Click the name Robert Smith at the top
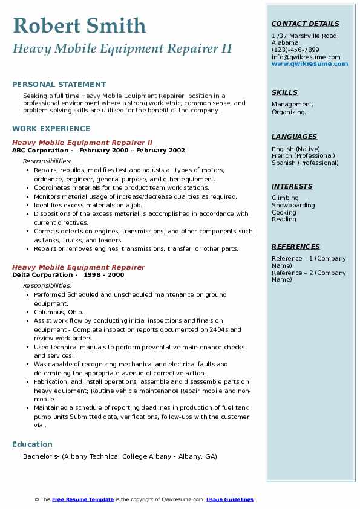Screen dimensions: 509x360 coord(79,25)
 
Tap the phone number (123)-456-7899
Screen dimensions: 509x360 coord(295,50)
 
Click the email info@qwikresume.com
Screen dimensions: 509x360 coord(306,57)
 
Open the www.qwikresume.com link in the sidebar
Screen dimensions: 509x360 coord(310,63)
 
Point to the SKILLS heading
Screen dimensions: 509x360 coord(284,92)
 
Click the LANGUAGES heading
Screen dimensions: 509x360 coord(294,137)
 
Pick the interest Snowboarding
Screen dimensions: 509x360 coord(293,205)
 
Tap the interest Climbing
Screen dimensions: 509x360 coord(285,198)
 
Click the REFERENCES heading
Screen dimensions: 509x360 coord(296,247)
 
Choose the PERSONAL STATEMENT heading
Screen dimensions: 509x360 coord(59,85)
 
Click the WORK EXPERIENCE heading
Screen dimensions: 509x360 coord(51,128)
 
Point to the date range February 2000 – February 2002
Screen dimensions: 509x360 coord(132,151)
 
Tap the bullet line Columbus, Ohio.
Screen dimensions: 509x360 coord(59,312)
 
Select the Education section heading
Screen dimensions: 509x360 coord(32,444)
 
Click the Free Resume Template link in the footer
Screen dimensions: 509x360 coord(83,499)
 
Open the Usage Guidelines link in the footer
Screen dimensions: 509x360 coord(230,499)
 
